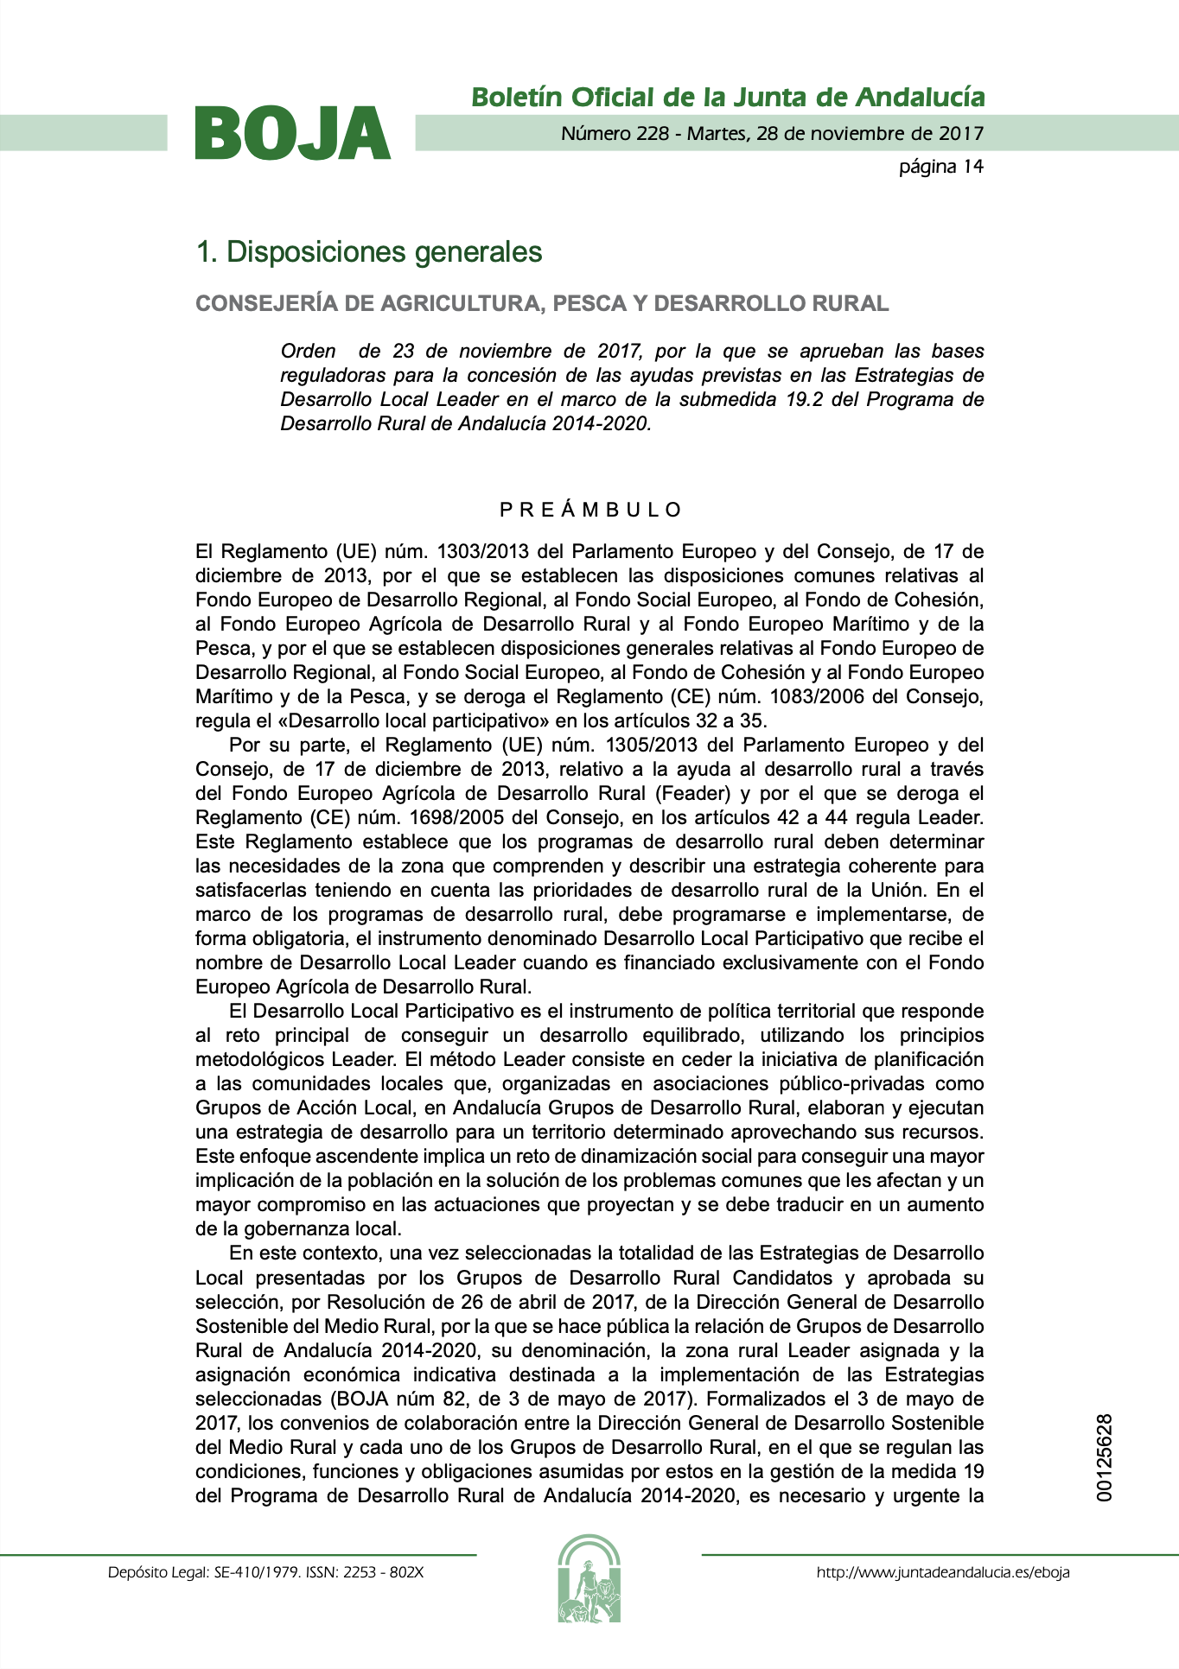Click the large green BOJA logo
(293, 133)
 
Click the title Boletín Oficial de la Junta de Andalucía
(728, 97)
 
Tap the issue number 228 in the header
(652, 133)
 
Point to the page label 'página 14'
(940, 166)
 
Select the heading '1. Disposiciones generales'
(369, 251)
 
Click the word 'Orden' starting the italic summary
(308, 351)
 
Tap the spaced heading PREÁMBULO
(590, 510)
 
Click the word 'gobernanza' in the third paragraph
(296, 1228)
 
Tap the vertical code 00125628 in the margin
(1104, 1457)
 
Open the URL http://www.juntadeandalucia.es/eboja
(942, 1572)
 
